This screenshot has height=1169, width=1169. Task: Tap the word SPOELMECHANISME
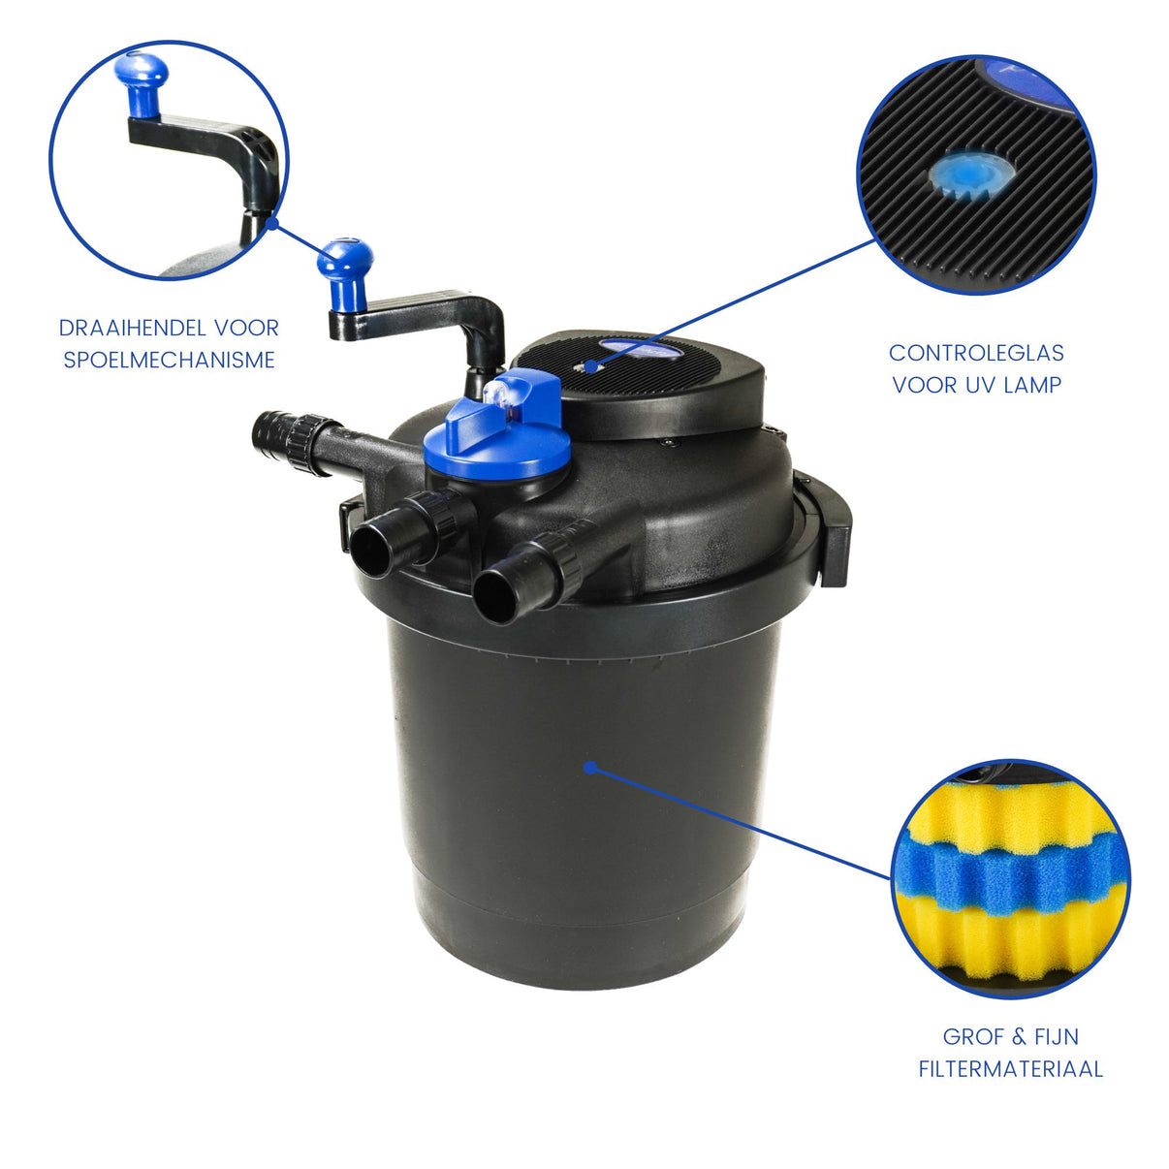click(170, 360)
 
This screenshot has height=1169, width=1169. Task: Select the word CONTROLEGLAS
click(976, 353)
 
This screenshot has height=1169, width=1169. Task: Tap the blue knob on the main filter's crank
click(345, 273)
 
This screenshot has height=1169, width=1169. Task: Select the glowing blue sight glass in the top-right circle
click(971, 174)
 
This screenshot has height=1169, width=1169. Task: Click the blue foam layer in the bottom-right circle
click(1009, 869)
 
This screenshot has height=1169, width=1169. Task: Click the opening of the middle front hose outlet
click(370, 551)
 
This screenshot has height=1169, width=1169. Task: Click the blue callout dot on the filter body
click(589, 768)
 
